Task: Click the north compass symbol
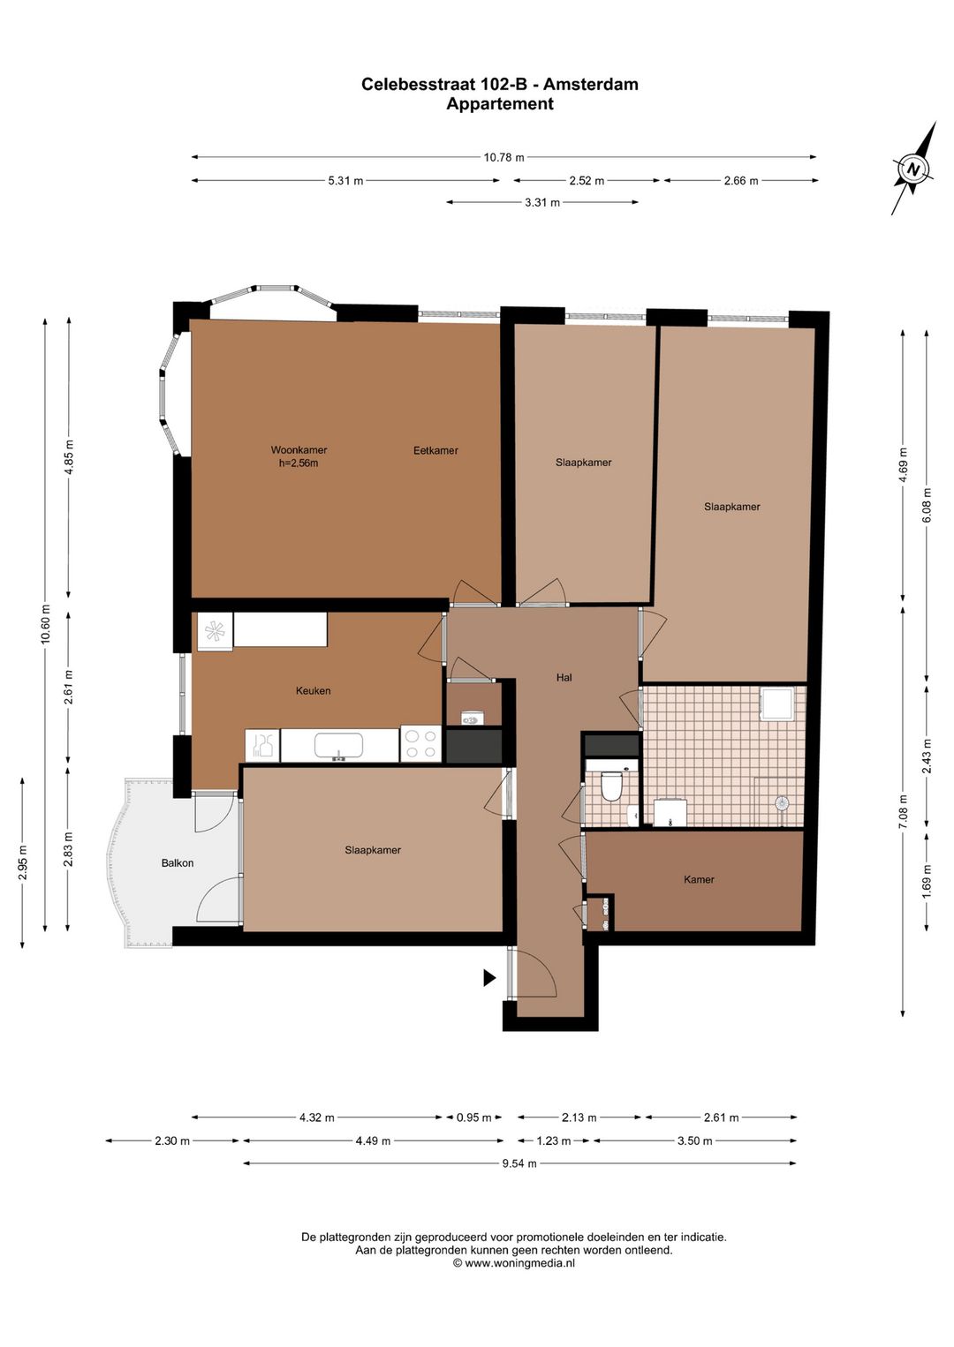pyautogui.click(x=913, y=169)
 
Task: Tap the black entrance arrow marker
pyautogui.click(x=488, y=977)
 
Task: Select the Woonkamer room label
pyautogui.click(x=299, y=450)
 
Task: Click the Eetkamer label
pyautogui.click(x=435, y=451)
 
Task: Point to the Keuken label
pyautogui.click(x=313, y=691)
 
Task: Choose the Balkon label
pyautogui.click(x=177, y=863)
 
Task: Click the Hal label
pyautogui.click(x=564, y=678)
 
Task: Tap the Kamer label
pyautogui.click(x=699, y=880)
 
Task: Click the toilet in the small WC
pyautogui.click(x=611, y=785)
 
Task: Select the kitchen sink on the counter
pyautogui.click(x=338, y=746)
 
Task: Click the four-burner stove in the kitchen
pyautogui.click(x=420, y=743)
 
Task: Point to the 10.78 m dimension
pyautogui.click(x=503, y=158)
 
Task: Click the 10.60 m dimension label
pyautogui.click(x=46, y=624)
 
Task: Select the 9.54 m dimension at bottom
pyautogui.click(x=519, y=1163)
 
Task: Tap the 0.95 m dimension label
pyautogui.click(x=473, y=1117)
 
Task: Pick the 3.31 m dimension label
pyautogui.click(x=542, y=203)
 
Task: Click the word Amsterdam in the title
pyautogui.click(x=590, y=85)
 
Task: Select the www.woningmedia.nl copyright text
pyautogui.click(x=514, y=1263)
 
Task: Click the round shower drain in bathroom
pyautogui.click(x=781, y=803)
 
